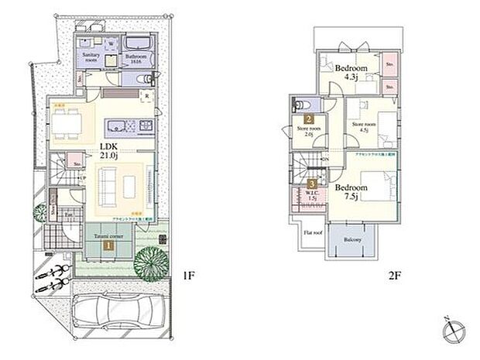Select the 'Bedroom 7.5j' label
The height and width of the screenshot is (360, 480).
click(x=349, y=191)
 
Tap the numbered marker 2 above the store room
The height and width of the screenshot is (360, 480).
click(x=308, y=120)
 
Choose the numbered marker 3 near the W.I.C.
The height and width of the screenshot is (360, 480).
click(x=312, y=184)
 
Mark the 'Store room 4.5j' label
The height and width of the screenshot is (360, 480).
click(x=363, y=126)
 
